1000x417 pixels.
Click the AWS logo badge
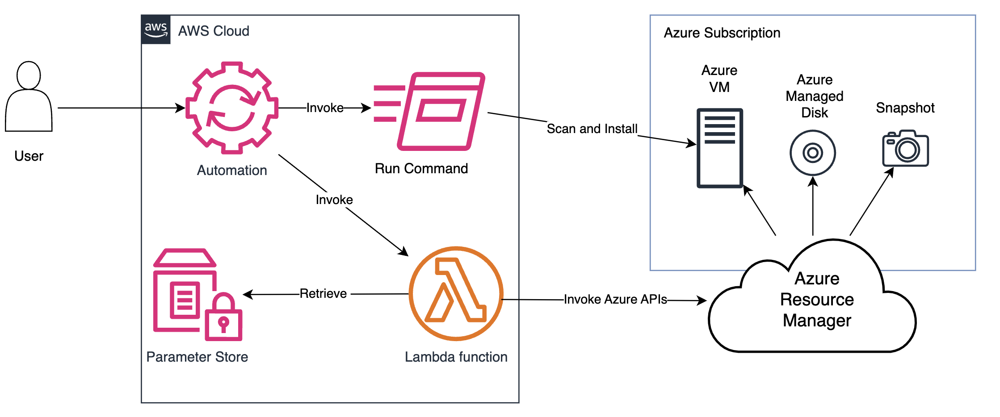pos(155,29)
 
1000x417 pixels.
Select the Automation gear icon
pos(231,108)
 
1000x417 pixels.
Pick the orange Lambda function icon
pos(456,293)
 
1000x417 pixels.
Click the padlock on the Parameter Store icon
pos(223,317)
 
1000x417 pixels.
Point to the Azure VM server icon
pos(719,148)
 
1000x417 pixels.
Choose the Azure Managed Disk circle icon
pos(812,153)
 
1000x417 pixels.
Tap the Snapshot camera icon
pos(905,148)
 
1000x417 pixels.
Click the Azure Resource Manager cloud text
pos(817,299)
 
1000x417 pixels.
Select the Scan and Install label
pos(592,129)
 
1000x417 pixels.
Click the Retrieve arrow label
pos(323,293)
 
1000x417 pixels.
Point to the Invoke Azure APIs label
pos(615,299)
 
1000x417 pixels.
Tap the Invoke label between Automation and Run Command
pos(325,108)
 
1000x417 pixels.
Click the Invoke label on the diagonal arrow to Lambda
pos(334,200)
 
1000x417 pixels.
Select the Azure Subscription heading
pos(722,33)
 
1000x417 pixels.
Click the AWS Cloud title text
pos(214,31)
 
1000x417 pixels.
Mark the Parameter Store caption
pos(197,357)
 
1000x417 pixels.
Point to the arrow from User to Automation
pos(121,108)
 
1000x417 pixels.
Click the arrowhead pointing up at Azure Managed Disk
pos(813,181)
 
